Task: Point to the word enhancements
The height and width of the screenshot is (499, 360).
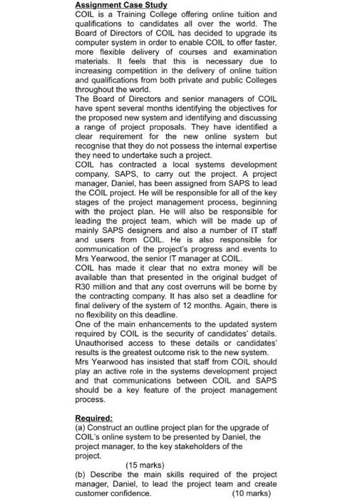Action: point(158,327)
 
